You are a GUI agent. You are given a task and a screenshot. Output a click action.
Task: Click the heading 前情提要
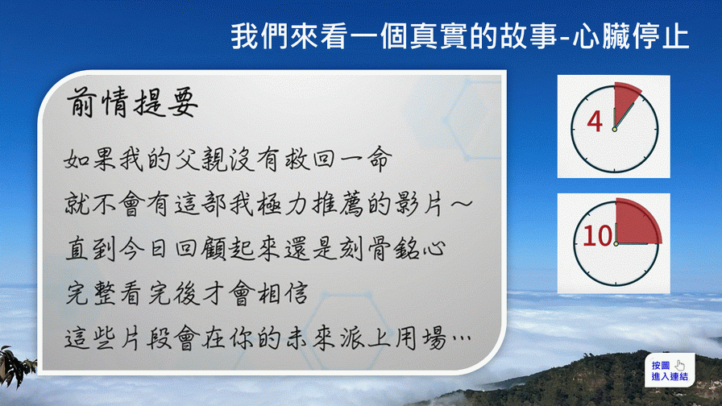coord(133,102)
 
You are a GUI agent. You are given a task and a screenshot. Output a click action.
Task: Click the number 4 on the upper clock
coord(595,122)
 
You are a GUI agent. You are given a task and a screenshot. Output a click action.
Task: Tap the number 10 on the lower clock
coord(597,236)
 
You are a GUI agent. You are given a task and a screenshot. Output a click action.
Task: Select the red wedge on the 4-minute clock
coord(625,101)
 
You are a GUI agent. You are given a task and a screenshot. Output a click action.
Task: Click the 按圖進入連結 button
coord(670,370)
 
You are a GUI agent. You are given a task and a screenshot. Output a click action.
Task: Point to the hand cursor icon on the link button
coord(680,366)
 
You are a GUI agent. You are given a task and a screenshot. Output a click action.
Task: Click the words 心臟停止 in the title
coord(631,36)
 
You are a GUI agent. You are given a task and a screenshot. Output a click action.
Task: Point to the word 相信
coord(282,293)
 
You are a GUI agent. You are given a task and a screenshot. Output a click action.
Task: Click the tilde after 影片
coord(462,204)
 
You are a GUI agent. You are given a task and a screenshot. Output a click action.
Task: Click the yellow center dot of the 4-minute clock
coord(614,130)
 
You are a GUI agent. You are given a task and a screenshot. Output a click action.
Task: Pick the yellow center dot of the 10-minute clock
coord(616,243)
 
